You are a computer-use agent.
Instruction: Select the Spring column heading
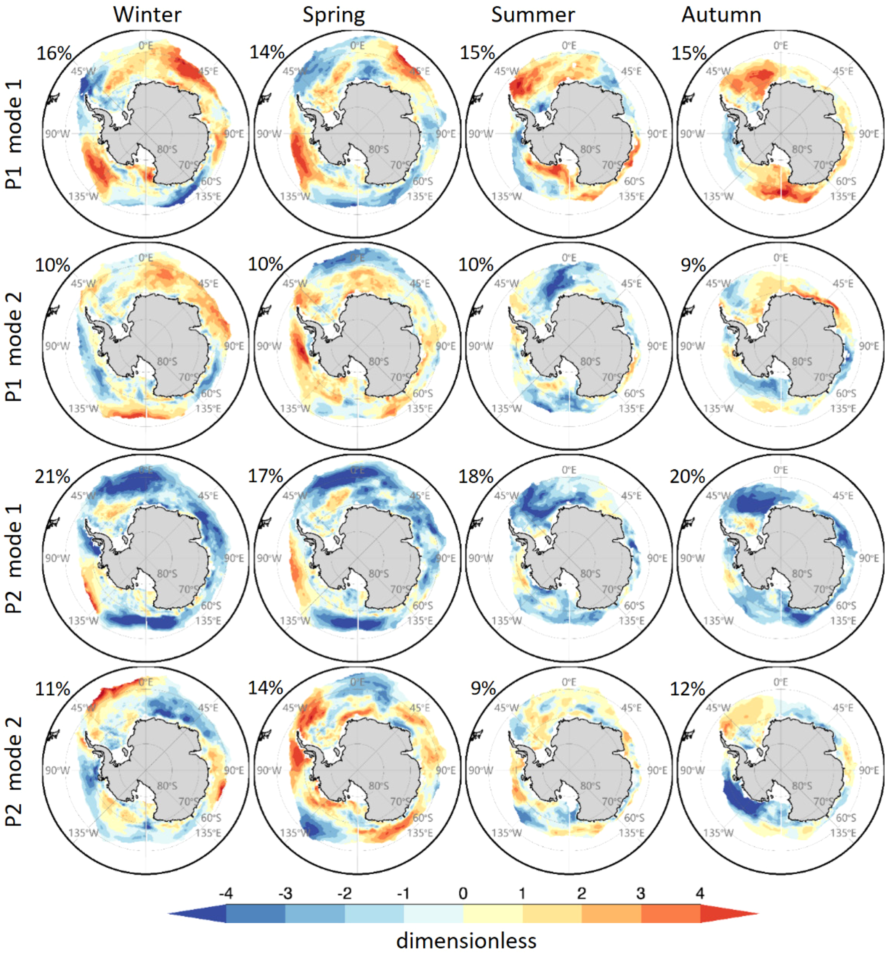click(x=334, y=15)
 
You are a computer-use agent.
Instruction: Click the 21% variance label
click(x=52, y=477)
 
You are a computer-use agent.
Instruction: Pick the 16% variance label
click(x=54, y=53)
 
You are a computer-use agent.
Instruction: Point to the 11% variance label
click(x=52, y=689)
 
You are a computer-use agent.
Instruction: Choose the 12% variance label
click(x=687, y=689)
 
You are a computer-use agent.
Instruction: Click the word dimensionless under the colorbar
click(x=466, y=940)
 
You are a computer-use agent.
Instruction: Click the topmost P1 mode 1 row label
click(x=14, y=134)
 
